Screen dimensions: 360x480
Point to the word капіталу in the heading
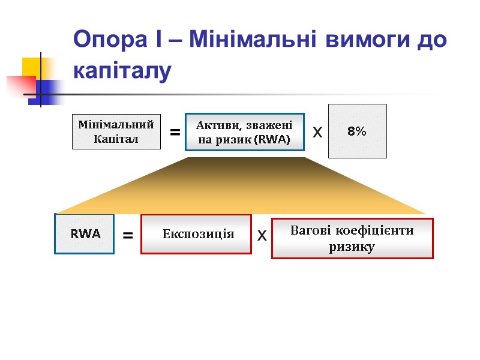(122, 70)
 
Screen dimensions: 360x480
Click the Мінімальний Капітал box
(116, 131)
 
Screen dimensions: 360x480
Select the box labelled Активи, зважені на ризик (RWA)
(240, 132)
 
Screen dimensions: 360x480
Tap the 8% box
(358, 131)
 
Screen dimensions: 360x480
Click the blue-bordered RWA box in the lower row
(85, 234)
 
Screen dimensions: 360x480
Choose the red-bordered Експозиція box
(196, 234)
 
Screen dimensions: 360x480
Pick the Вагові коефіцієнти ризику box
(352, 238)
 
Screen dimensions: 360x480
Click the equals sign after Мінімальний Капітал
(175, 132)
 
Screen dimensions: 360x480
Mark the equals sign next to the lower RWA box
(128, 237)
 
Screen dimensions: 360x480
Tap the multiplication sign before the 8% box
(317, 132)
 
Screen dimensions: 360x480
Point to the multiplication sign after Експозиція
(262, 236)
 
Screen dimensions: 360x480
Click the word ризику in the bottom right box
(352, 247)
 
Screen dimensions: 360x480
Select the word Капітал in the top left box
(116, 139)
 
